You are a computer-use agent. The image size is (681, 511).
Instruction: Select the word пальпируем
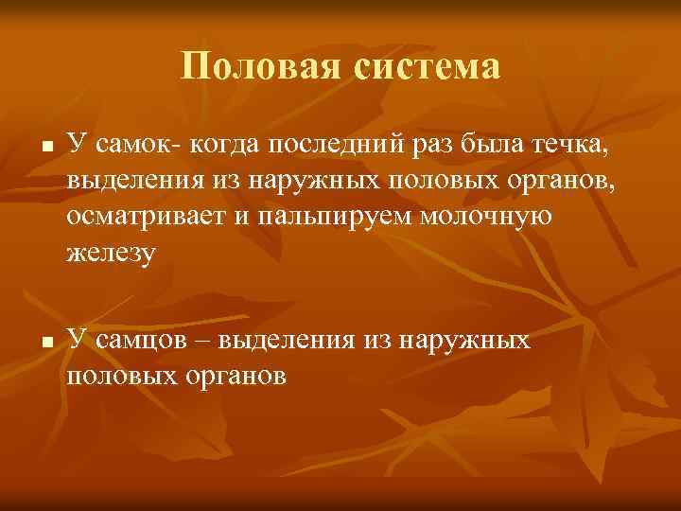[330, 218]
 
